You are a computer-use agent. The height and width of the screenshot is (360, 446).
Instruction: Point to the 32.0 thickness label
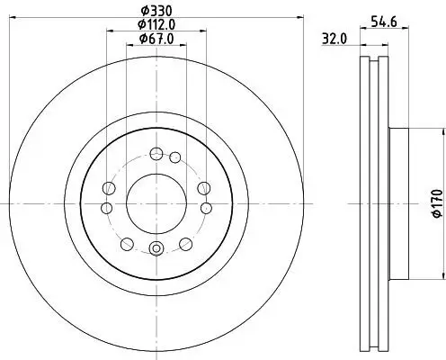click(x=334, y=39)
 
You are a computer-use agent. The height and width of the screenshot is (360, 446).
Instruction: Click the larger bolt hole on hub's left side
click(x=109, y=187)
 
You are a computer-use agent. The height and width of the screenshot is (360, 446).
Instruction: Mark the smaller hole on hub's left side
click(x=106, y=209)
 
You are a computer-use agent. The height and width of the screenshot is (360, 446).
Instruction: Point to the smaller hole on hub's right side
click(x=205, y=209)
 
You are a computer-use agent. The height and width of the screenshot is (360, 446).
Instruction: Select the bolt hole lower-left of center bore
click(x=126, y=243)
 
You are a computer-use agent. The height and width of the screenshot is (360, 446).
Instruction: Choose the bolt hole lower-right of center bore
click(x=184, y=243)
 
